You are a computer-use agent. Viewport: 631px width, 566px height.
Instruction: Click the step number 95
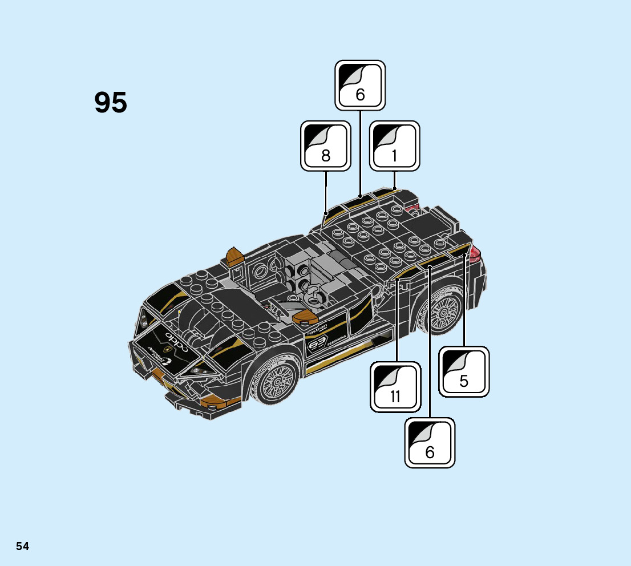[111, 103]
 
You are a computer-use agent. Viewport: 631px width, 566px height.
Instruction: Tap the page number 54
[22, 546]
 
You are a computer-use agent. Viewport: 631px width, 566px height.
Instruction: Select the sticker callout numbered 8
[325, 145]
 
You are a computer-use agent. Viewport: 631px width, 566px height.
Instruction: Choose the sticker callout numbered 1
[394, 145]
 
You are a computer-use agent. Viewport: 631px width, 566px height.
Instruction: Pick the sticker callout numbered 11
[395, 387]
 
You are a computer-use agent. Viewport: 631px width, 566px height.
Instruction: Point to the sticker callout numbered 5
[464, 371]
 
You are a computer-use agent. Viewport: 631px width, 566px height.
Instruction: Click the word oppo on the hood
[177, 339]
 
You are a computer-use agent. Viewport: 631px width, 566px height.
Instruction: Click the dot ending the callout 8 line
[326, 214]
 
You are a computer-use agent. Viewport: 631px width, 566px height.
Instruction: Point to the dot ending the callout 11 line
[396, 279]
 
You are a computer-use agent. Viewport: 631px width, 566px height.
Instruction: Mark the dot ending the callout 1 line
[394, 189]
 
